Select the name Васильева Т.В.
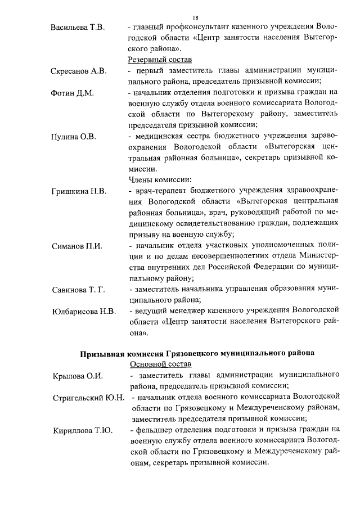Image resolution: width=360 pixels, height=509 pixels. [78, 28]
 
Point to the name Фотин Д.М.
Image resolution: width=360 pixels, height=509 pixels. [72, 92]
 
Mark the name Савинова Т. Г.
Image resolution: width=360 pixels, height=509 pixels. [78, 289]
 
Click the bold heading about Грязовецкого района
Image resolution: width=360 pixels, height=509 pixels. [196, 353]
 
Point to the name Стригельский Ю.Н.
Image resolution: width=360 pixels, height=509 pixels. [88, 398]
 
